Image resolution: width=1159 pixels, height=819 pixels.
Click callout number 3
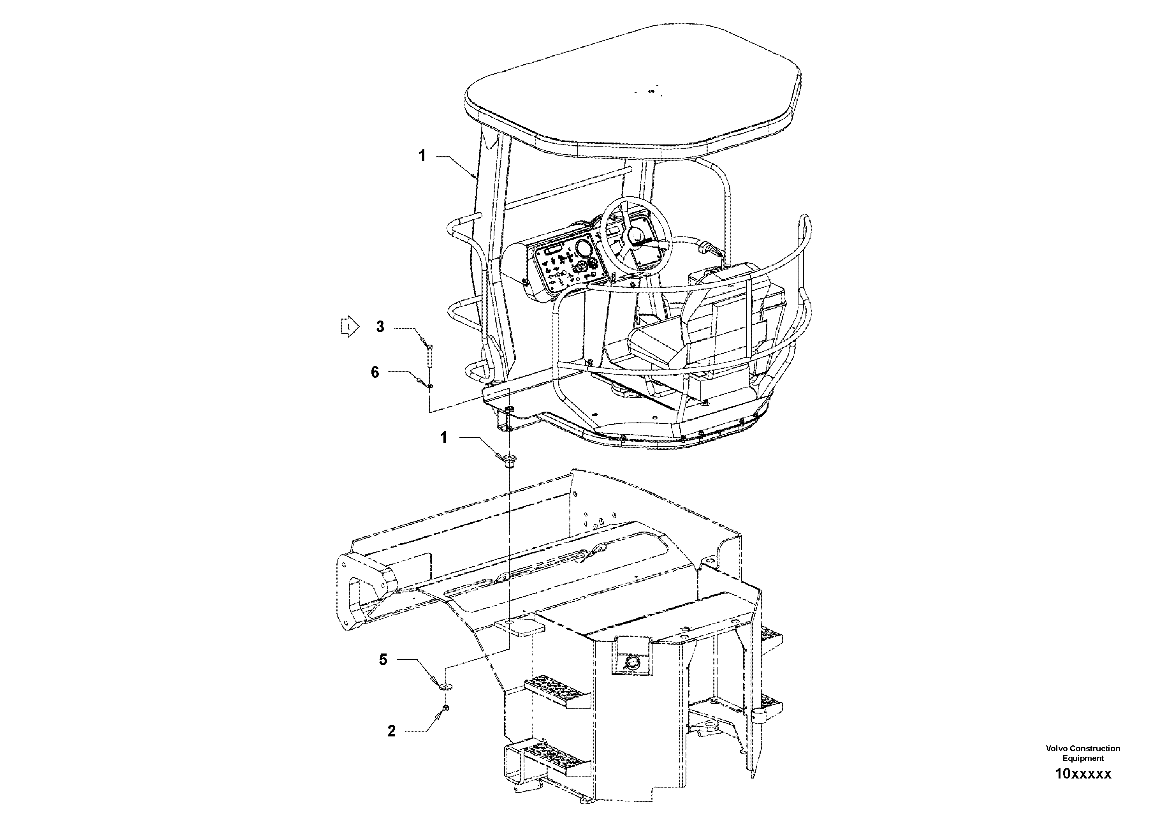(x=380, y=327)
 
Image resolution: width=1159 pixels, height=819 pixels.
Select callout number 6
(x=375, y=373)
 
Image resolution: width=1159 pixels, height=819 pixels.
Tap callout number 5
(x=383, y=660)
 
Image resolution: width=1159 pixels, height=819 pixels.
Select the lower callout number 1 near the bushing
(x=444, y=438)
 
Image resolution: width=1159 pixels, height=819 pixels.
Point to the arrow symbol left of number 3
(x=349, y=327)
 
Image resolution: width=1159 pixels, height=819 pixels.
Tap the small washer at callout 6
(x=429, y=387)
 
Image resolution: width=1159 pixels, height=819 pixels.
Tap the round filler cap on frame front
(x=630, y=662)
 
